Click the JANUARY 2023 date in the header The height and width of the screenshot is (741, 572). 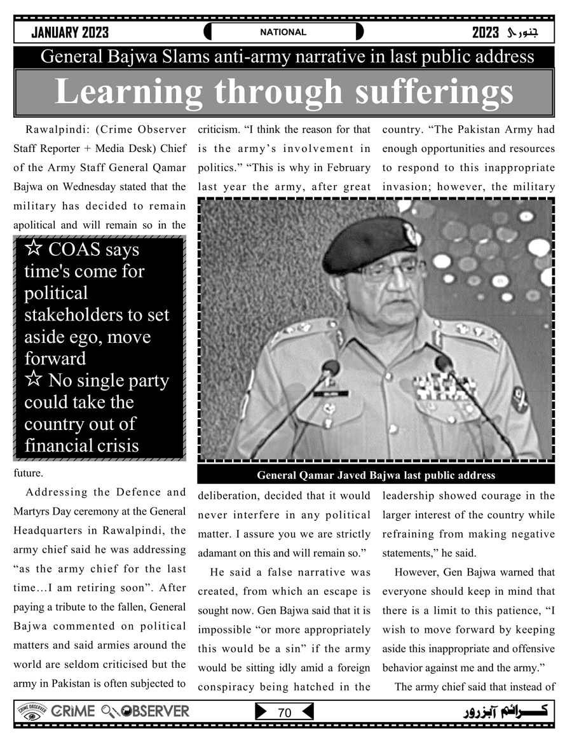(70, 32)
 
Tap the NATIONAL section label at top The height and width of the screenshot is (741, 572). (283, 32)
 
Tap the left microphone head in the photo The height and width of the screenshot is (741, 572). (330, 368)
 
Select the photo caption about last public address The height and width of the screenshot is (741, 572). (376, 475)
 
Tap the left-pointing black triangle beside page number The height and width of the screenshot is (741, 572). (307, 712)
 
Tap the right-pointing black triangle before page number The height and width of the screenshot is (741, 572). (261, 712)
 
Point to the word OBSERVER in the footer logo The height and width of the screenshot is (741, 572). (155, 711)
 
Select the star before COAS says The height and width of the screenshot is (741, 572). (34, 249)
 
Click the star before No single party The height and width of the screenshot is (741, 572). (34, 380)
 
